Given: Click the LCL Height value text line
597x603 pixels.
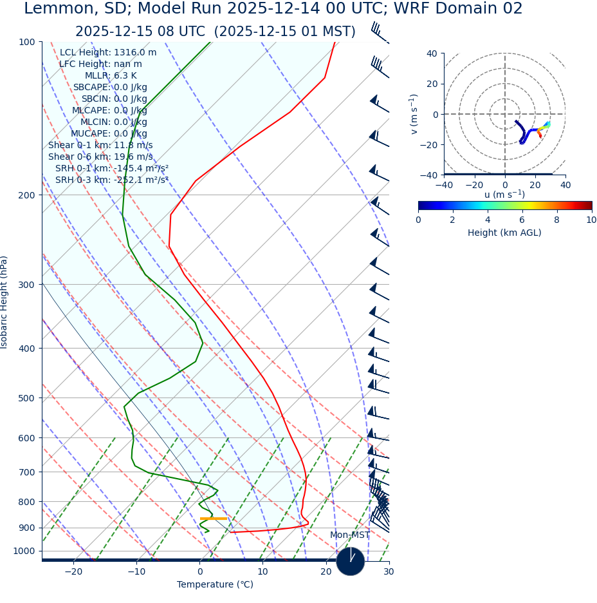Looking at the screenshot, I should click(108, 52).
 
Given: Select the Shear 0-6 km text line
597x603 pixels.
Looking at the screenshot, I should click(100, 157).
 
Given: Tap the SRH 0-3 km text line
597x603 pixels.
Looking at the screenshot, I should click(112, 180).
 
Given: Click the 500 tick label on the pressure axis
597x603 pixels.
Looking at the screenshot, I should click(27, 398).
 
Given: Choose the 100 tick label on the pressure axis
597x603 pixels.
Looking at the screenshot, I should click(27, 42).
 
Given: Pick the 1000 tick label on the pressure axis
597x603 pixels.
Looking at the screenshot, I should click(24, 551).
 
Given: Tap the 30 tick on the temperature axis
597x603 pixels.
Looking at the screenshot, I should click(389, 571).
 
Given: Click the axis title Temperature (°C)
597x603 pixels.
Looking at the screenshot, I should click(215, 584).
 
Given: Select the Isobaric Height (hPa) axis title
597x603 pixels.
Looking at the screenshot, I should click(5, 302).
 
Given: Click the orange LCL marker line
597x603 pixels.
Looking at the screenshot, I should click(214, 519).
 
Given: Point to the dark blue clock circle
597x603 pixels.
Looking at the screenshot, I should click(351, 561).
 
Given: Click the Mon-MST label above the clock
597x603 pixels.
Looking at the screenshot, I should click(350, 535).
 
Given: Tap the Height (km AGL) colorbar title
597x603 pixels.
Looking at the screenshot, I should click(504, 233).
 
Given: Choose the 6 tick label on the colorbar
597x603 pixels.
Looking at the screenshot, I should click(522, 220).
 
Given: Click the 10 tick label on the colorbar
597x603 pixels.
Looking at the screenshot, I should click(591, 220).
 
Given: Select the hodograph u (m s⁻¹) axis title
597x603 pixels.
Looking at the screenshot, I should click(504, 195).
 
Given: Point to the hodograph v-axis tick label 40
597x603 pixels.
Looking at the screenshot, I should click(432, 53).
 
